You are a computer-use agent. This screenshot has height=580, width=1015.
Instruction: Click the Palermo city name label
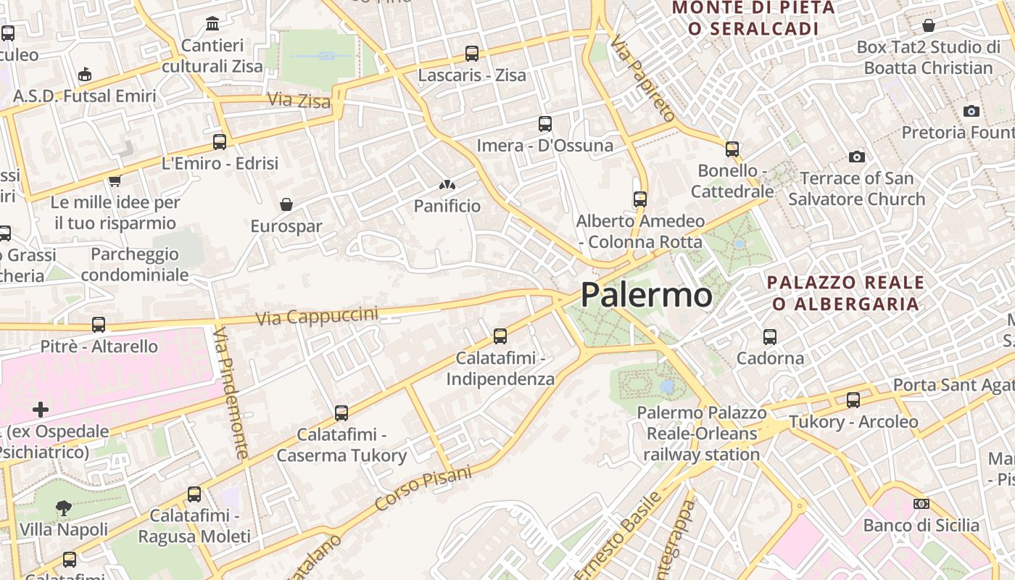tap(646, 295)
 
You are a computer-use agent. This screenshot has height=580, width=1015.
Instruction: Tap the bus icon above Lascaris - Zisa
tap(472, 53)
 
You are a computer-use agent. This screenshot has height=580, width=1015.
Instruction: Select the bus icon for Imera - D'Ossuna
tap(545, 124)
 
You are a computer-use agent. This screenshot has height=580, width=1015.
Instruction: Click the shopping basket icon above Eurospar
tap(286, 204)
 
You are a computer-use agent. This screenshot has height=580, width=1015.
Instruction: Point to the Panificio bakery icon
tap(447, 186)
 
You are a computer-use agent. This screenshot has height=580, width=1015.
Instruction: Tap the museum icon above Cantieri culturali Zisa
tap(212, 24)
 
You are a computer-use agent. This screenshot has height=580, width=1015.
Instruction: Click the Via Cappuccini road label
tap(317, 316)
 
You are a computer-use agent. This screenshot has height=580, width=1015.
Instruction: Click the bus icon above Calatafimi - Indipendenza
tap(500, 336)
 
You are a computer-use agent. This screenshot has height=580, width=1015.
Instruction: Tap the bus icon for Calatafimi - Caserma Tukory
tap(341, 413)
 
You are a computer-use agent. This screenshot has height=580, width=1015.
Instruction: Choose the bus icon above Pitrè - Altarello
tap(99, 325)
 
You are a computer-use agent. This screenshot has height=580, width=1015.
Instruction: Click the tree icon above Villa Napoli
tap(64, 507)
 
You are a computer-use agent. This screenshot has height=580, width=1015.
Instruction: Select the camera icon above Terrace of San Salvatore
tap(857, 157)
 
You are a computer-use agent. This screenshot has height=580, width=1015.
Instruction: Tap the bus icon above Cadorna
tap(770, 336)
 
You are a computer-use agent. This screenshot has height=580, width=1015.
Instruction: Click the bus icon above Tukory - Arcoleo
tap(853, 399)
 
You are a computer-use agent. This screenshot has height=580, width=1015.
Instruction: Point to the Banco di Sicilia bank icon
tap(921, 504)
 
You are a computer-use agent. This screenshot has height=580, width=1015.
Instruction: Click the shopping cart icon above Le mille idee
tap(115, 181)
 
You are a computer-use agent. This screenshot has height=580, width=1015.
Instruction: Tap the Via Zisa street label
tap(299, 100)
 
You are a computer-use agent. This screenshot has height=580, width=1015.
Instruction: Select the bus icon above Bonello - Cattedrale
tap(732, 149)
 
